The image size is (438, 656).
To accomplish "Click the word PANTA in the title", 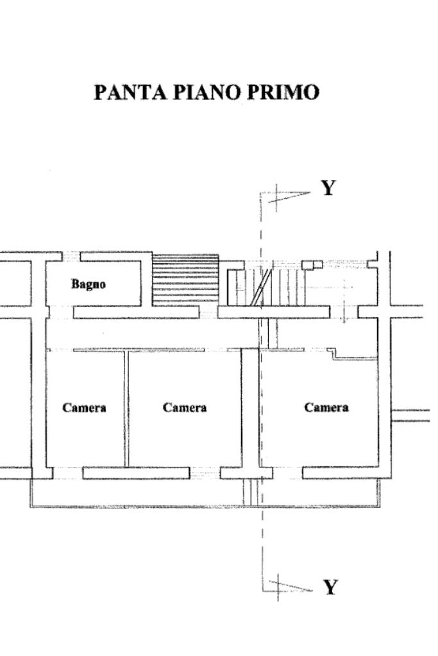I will [x=128, y=92].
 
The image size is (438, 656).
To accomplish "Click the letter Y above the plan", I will [x=328, y=188].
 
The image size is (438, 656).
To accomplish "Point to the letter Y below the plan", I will [x=330, y=587].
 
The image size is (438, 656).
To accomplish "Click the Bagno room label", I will [x=88, y=283].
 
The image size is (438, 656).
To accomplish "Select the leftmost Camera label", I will [x=84, y=408].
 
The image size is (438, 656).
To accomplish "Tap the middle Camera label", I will [x=185, y=408].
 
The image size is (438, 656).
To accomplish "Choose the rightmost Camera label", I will [x=326, y=408].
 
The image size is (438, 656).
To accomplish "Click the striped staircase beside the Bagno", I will [x=185, y=280].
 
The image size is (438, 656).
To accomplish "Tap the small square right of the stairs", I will [x=312, y=264].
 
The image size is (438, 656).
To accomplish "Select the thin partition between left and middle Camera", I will [x=126, y=408].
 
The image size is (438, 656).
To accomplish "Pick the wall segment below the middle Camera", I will [x=136, y=473].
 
